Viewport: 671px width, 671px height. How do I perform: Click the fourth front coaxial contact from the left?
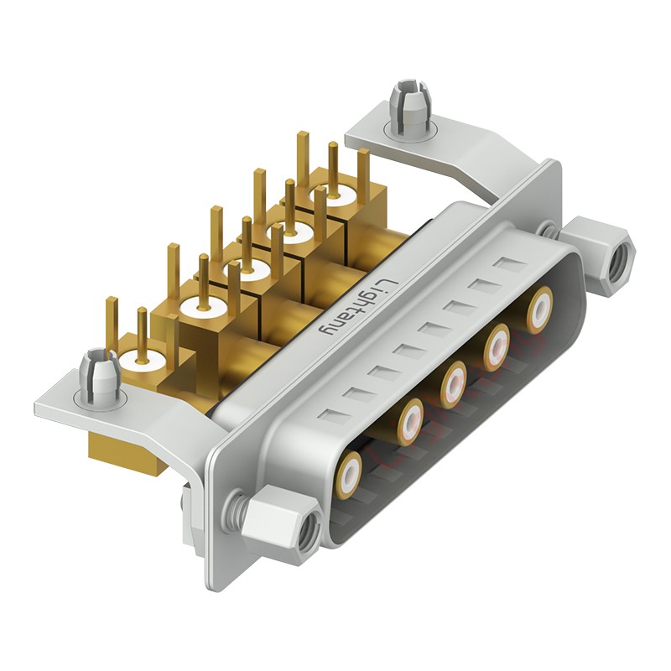pyautogui.click(x=497, y=342)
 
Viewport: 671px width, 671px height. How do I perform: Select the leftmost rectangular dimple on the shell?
pyautogui.click(x=337, y=415)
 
